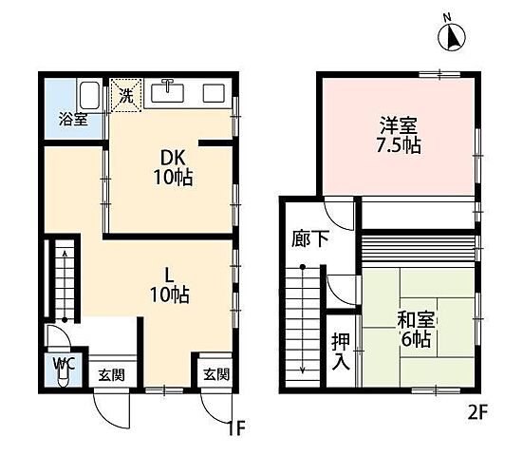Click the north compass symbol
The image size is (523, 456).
(x=451, y=35)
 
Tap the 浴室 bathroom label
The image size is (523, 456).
(x=73, y=120)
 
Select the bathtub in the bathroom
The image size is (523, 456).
(x=89, y=95)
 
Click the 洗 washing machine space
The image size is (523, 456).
(x=126, y=95)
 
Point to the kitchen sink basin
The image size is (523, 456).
(x=167, y=92)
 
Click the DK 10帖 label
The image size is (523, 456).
(x=173, y=167)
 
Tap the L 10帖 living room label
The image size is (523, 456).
(x=170, y=286)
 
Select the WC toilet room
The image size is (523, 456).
(x=64, y=370)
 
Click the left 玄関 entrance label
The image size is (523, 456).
(x=112, y=375)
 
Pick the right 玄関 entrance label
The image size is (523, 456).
(x=216, y=374)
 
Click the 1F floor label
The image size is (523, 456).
(x=236, y=428)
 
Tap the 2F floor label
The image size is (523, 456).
(x=477, y=412)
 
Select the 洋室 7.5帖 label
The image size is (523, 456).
(x=399, y=135)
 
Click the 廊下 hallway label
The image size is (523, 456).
(x=310, y=238)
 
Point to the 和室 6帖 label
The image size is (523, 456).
(x=416, y=330)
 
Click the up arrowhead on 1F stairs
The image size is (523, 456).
(x=65, y=254)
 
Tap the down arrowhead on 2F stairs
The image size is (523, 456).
(x=303, y=370)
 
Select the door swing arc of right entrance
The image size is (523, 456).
(x=210, y=411)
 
